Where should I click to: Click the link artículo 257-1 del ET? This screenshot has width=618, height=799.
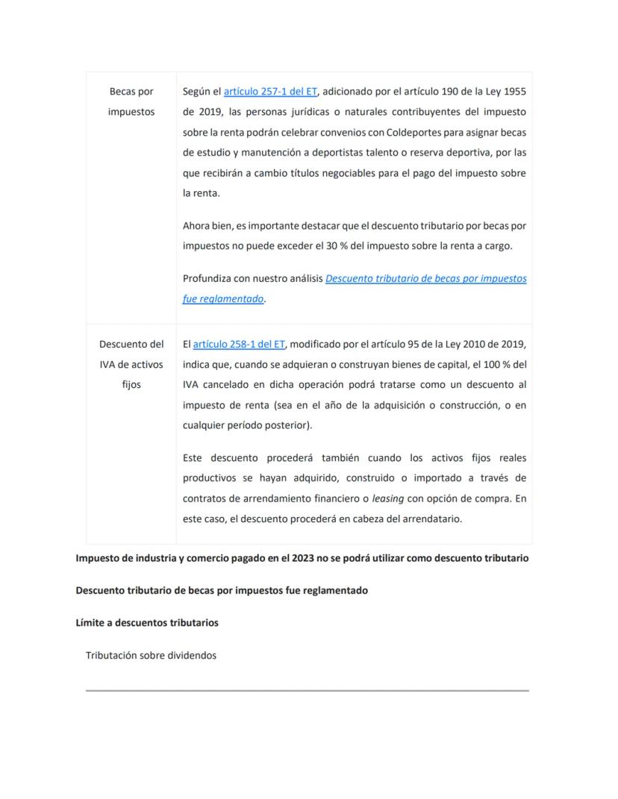270,92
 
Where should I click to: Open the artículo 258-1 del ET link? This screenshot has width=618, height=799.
239,344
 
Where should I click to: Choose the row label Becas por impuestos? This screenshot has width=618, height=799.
131,101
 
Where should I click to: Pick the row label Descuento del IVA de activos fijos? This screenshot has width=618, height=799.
131,364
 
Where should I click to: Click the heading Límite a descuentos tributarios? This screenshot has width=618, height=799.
147,622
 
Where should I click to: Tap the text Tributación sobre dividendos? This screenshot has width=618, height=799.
151,655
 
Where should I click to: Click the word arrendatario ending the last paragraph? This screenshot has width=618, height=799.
432,518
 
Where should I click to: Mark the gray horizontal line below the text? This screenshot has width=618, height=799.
307,690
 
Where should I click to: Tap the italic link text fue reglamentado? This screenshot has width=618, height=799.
223,298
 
